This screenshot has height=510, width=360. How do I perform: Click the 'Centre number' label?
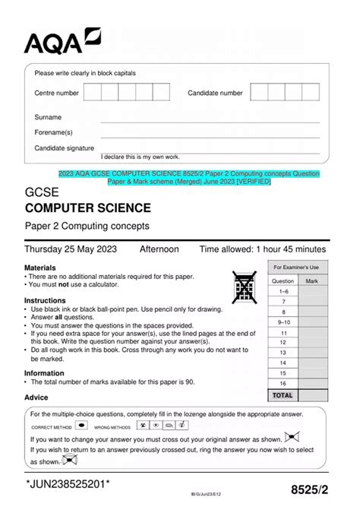56,93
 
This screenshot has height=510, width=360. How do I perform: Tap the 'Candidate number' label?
215,93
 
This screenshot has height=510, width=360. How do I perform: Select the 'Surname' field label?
48,118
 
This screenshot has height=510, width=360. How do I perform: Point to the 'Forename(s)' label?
53,133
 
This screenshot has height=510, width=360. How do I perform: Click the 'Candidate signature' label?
65,148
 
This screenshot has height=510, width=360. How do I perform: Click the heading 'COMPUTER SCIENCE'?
87,208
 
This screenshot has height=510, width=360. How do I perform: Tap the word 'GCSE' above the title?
42,191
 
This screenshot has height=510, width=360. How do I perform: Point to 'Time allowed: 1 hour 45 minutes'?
263,249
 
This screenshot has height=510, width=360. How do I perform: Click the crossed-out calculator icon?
245,287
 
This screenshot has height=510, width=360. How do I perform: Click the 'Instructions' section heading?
45,300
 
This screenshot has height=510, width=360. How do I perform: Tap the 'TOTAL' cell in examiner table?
283,395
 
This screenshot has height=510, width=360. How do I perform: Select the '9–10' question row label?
283,322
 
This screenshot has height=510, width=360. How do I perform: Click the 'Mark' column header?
311,281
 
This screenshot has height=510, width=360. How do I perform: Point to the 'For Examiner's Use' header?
297,267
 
